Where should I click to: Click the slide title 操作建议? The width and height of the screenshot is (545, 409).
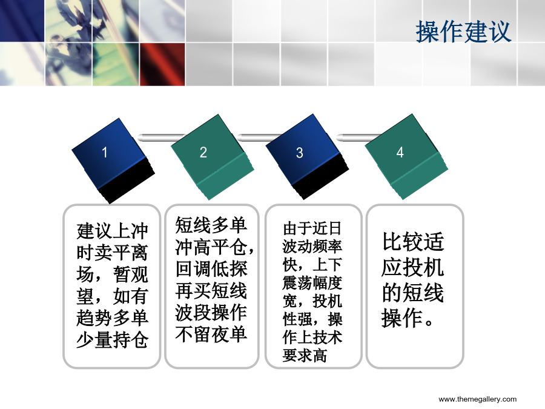coord(463,32)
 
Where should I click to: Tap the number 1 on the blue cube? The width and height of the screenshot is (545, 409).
coord(104,152)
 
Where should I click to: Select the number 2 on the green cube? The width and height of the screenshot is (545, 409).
coord(203,152)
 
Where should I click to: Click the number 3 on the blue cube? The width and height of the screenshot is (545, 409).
coord(299,153)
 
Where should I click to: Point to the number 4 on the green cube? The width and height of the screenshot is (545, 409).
coord(400,152)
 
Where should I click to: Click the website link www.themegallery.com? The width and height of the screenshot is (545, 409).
coord(478,399)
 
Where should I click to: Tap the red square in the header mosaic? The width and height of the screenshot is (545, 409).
coord(162,64)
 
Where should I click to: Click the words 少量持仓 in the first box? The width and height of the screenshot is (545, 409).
coord(112,340)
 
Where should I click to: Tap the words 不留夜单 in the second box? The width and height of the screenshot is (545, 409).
coord(211,334)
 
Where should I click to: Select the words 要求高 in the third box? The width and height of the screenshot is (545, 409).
coord(305,356)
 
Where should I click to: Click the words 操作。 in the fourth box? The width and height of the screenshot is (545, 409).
coord(408,318)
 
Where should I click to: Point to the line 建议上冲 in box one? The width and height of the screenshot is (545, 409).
coord(112,231)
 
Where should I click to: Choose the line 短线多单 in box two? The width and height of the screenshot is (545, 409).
coord(211,225)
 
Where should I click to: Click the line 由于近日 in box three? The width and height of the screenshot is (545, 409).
coord(312,228)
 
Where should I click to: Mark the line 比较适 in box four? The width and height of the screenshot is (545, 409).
coord(413,242)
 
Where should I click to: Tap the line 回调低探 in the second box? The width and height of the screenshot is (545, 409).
coord(211,269)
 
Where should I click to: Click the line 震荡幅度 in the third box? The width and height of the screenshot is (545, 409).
coord(312,283)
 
